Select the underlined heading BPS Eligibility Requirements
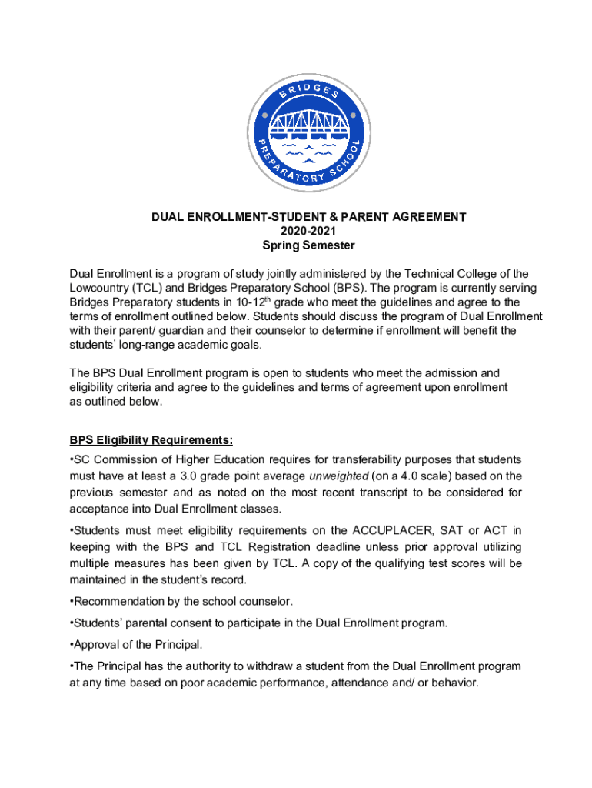pos(151,441)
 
